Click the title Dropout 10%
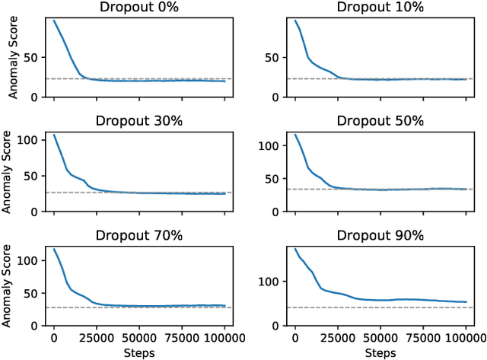381,8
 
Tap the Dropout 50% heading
381,121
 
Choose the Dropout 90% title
381,235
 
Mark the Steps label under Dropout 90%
381,352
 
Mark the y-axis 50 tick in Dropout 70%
32,292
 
